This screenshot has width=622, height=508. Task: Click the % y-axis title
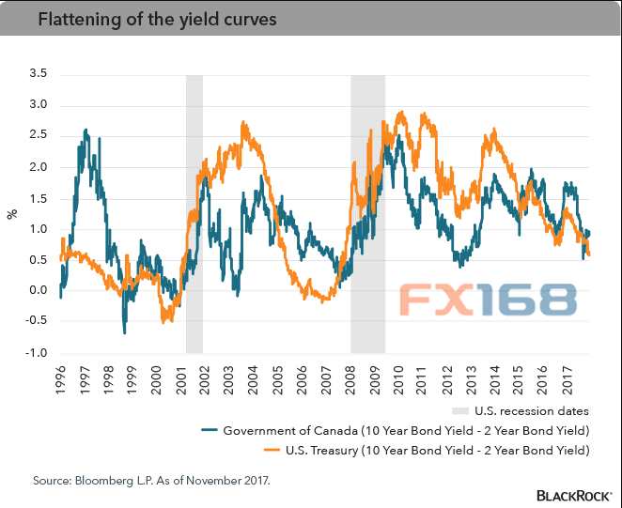click(x=12, y=213)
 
